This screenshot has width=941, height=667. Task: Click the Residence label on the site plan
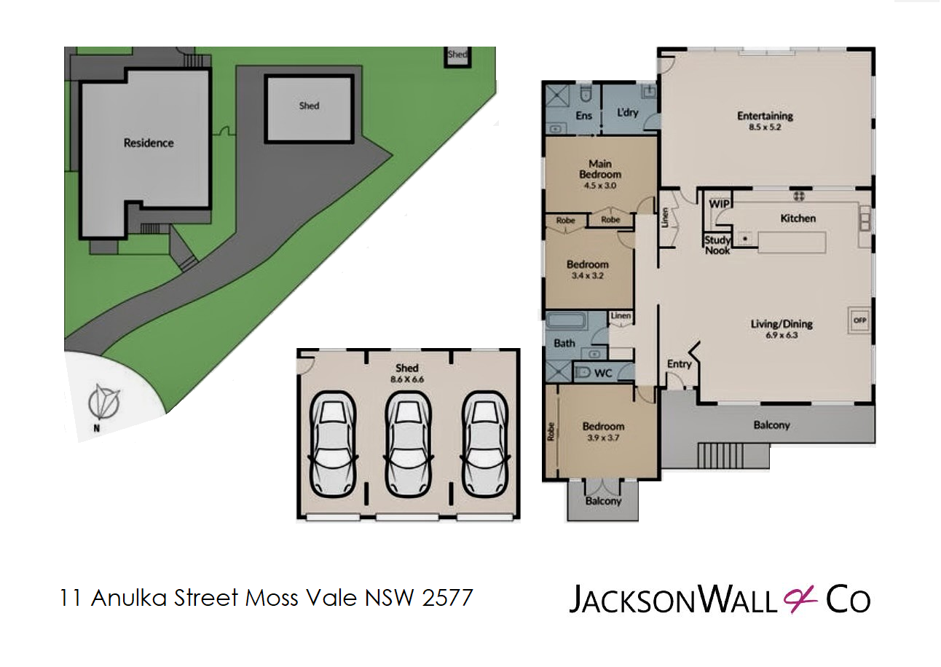(149, 143)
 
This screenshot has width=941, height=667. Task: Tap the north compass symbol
(103, 401)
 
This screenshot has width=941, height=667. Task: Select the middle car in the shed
(408, 445)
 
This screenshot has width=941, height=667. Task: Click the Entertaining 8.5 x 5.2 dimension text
(765, 127)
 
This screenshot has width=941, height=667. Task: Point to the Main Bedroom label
(600, 169)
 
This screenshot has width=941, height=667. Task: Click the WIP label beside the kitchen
(719, 204)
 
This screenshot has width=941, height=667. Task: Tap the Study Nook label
(717, 245)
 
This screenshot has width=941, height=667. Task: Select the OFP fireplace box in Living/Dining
(859, 320)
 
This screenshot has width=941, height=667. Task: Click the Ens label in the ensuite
(583, 116)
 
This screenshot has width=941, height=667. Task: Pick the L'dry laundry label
(627, 113)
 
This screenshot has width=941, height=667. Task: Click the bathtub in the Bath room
(565, 321)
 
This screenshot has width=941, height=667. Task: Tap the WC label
(603, 373)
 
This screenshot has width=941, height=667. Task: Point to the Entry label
(679, 364)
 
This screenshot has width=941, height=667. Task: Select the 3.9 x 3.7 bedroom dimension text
(603, 438)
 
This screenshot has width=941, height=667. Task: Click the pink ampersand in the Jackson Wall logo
(800, 599)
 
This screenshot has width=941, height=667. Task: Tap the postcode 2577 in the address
(447, 597)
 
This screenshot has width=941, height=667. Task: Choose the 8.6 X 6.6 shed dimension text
(407, 379)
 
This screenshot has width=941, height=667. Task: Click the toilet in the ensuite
(585, 95)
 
